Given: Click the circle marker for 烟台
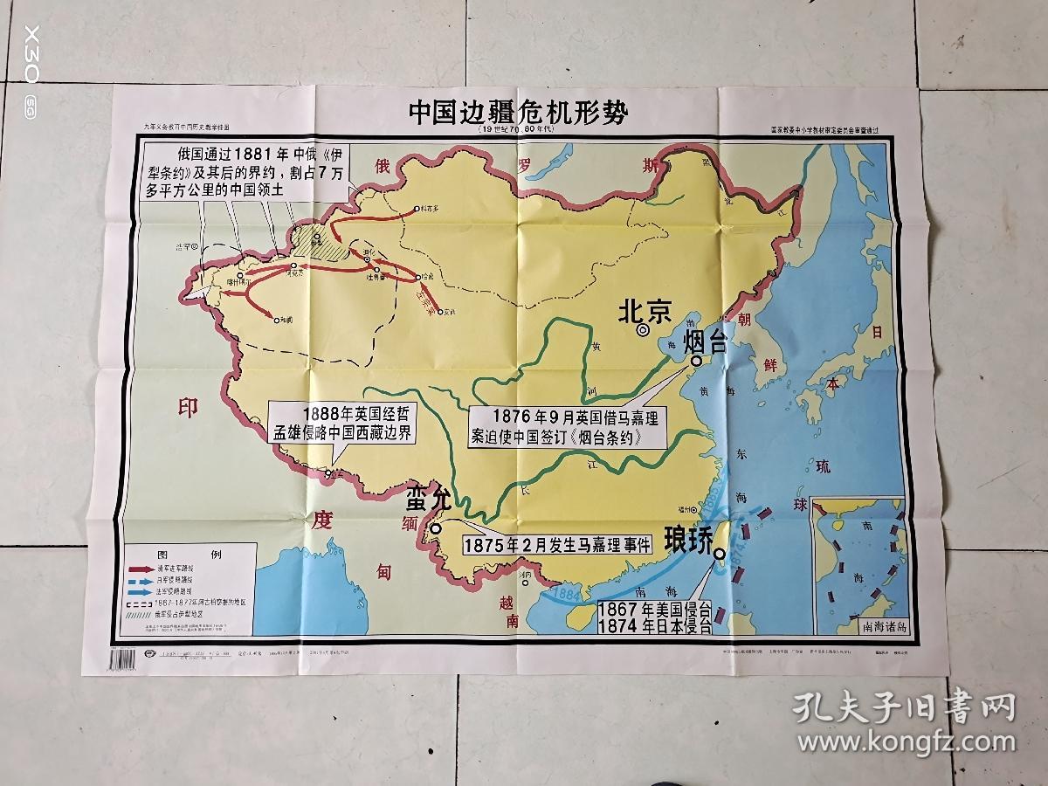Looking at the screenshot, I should [697, 361].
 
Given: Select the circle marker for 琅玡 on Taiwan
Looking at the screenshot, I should [719, 554].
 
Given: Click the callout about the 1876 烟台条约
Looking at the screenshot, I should [569, 427].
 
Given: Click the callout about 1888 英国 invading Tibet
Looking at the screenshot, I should [344, 423].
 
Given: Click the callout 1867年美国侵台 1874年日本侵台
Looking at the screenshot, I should [653, 617].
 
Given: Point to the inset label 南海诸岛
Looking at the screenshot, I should [860, 625].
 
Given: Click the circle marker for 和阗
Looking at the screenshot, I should [277, 321].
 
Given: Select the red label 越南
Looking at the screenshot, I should [510, 611].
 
